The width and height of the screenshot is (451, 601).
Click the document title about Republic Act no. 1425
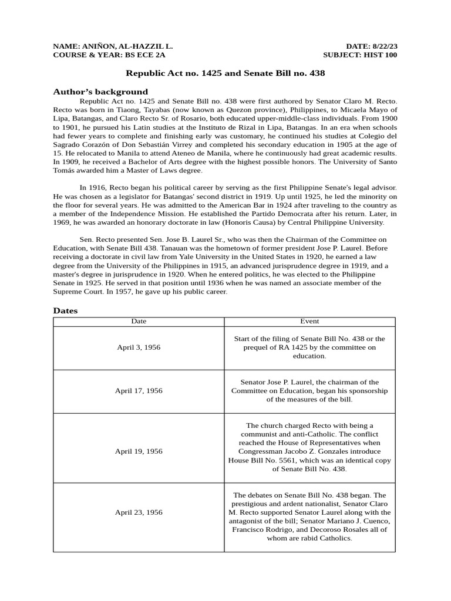(225, 73)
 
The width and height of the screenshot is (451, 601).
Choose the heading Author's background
(100, 92)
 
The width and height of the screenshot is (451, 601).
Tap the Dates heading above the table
(65, 310)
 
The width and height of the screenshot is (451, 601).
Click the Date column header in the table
(139, 321)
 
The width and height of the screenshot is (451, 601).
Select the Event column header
(309, 321)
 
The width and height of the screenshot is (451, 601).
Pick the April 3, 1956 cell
(139, 347)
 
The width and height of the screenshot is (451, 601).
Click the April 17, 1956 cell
(139, 391)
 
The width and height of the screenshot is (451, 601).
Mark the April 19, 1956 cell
(139, 451)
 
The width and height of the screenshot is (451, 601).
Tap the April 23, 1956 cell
(139, 512)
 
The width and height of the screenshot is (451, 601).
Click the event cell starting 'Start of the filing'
(309, 347)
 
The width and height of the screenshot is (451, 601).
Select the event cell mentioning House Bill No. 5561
(309, 451)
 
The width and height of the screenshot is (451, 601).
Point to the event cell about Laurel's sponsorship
(309, 391)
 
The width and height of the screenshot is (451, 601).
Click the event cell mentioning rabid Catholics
(309, 512)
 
